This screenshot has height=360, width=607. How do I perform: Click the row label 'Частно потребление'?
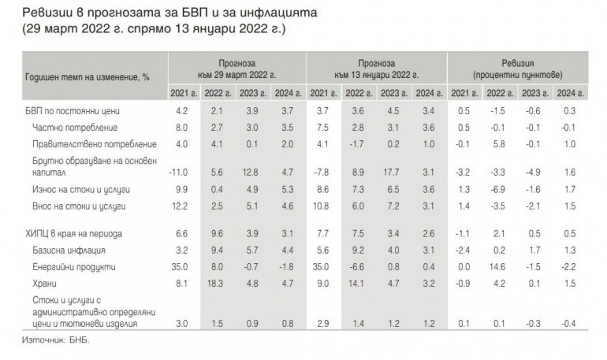(x=75, y=128)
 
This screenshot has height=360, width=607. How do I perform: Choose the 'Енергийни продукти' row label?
(x=75, y=267)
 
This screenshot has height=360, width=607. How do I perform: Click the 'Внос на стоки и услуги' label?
(x=80, y=206)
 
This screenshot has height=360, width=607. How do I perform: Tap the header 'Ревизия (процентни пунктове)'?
(x=518, y=68)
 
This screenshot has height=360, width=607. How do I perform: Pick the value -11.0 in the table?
(x=181, y=173)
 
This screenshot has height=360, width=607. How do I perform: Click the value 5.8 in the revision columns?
(x=500, y=144)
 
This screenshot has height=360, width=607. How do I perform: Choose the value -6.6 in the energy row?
(x=358, y=267)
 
